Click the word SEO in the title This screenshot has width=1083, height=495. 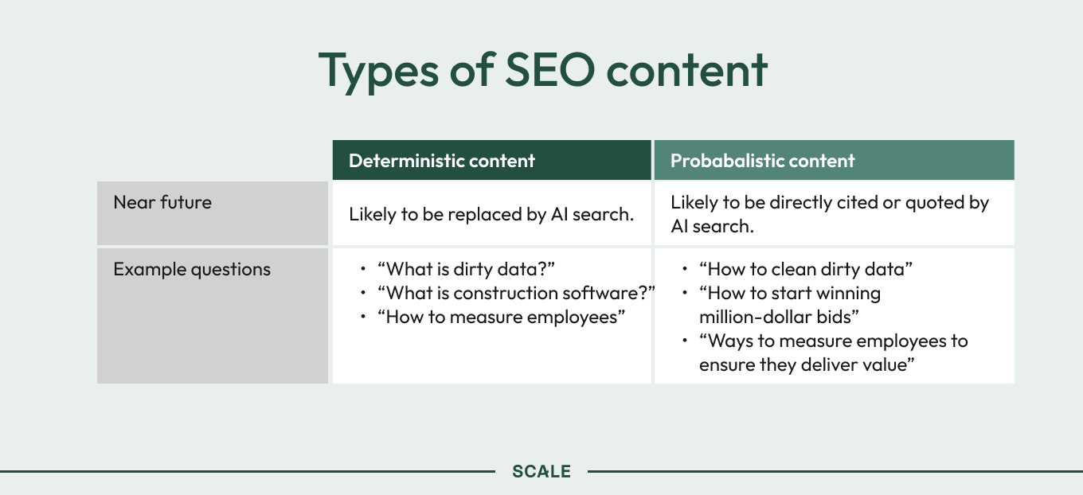pyautogui.click(x=550, y=69)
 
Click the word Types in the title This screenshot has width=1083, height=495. pyautogui.click(x=378, y=72)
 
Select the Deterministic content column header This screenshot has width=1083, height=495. pyautogui.click(x=442, y=161)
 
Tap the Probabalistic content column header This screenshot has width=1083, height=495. pyautogui.click(x=762, y=161)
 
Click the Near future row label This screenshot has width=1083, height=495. pyautogui.click(x=162, y=203)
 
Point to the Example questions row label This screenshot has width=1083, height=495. pyautogui.click(x=192, y=270)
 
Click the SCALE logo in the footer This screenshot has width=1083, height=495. pyautogui.click(x=541, y=471)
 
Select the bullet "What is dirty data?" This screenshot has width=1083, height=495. pyautogui.click(x=466, y=269)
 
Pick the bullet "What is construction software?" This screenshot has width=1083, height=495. pyautogui.click(x=516, y=293)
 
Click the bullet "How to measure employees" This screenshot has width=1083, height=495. pyautogui.click(x=502, y=317)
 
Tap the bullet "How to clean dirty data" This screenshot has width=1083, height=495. pyautogui.click(x=806, y=269)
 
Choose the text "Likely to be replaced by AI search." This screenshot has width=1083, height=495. pyautogui.click(x=491, y=215)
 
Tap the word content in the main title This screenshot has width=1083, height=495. pyautogui.click(x=686, y=71)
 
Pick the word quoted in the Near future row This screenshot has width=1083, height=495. pyautogui.click(x=935, y=203)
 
